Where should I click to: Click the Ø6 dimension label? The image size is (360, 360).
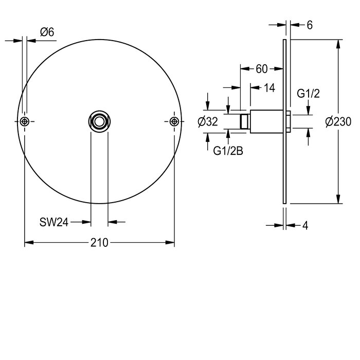(x=47, y=32)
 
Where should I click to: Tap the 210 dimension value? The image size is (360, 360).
(x=99, y=243)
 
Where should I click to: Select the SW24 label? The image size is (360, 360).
(x=53, y=222)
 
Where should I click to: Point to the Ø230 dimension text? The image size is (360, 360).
(x=338, y=121)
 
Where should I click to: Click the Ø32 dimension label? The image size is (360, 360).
(x=208, y=121)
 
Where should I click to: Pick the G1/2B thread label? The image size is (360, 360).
(x=228, y=151)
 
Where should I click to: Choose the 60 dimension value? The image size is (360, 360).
(x=262, y=69)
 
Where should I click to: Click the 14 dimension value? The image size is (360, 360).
(x=269, y=88)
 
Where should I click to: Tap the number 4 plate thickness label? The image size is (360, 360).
(x=305, y=226)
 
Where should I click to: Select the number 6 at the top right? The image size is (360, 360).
(x=310, y=25)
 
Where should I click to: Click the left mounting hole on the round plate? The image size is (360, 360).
(x=24, y=121)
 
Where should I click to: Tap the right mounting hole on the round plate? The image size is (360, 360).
(x=174, y=121)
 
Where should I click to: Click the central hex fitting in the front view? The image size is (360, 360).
(x=99, y=121)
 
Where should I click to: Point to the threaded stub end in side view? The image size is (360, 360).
(x=245, y=121)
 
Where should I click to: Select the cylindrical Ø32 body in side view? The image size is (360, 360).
(x=266, y=121)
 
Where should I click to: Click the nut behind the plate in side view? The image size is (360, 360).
(x=289, y=121)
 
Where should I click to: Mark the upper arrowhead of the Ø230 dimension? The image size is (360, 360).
(x=338, y=44)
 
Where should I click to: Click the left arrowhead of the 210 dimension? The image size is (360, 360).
(x=29, y=242)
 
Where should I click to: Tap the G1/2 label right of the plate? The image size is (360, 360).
(x=308, y=94)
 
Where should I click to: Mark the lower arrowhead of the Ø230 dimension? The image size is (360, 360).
(x=338, y=199)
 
